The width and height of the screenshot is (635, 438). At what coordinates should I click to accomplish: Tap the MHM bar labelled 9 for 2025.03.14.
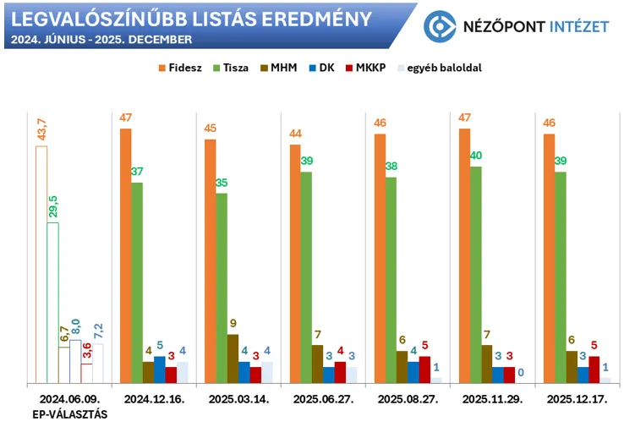[233, 359]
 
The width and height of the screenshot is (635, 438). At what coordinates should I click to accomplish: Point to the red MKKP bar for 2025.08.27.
[424, 370]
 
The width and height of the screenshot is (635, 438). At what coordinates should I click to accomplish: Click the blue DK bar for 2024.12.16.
[159, 370]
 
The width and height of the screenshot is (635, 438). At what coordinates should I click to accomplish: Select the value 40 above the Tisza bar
[476, 156]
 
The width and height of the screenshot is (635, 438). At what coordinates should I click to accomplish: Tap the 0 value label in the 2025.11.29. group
[521, 372]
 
